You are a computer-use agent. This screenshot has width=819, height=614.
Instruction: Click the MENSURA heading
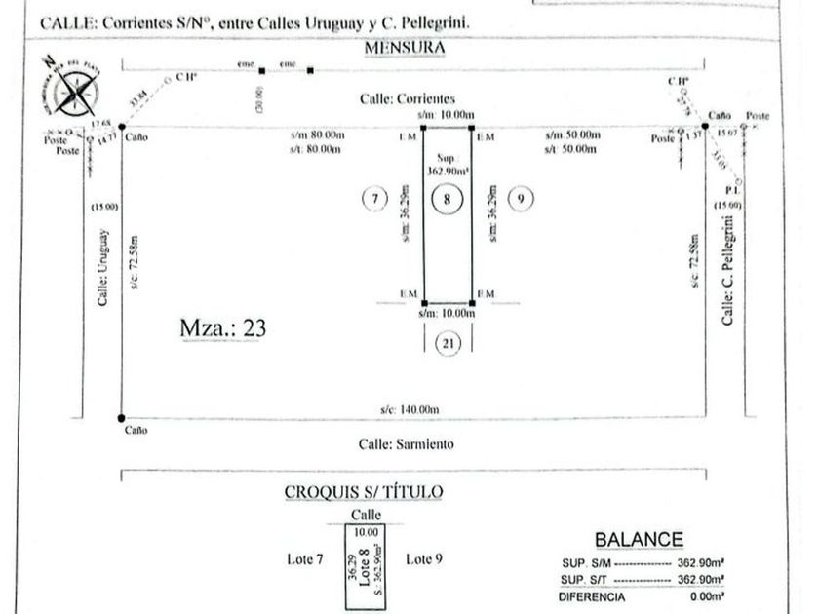tap(405, 47)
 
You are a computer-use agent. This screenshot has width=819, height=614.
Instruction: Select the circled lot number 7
tap(374, 199)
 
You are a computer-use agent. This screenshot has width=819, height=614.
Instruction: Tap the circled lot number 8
tap(447, 199)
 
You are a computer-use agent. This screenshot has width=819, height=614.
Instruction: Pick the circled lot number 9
tap(522, 199)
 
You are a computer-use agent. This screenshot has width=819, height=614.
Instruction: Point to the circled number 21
tap(448, 342)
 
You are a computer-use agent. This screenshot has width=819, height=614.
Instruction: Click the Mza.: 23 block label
tap(223, 327)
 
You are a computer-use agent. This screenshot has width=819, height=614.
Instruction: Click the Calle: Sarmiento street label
tap(407, 443)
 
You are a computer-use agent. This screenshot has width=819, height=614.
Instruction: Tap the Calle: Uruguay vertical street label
tap(103, 268)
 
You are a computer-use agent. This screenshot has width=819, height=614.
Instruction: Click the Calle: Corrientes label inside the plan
tap(408, 99)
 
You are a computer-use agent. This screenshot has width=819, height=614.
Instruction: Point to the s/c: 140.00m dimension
tap(410, 409)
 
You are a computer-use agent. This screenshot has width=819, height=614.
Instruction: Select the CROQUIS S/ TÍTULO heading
tap(364, 492)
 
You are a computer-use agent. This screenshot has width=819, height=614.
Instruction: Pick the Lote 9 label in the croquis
tap(423, 558)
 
